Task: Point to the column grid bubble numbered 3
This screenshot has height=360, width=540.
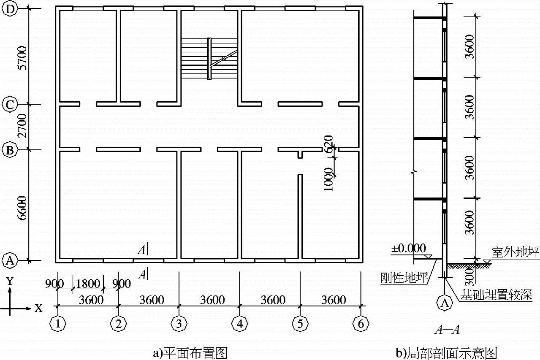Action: point(179,324)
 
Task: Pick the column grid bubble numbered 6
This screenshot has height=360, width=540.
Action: point(360,324)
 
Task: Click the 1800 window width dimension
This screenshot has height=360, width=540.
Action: point(88,284)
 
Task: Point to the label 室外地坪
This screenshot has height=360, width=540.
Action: point(515,252)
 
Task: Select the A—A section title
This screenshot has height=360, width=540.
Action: point(444,330)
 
